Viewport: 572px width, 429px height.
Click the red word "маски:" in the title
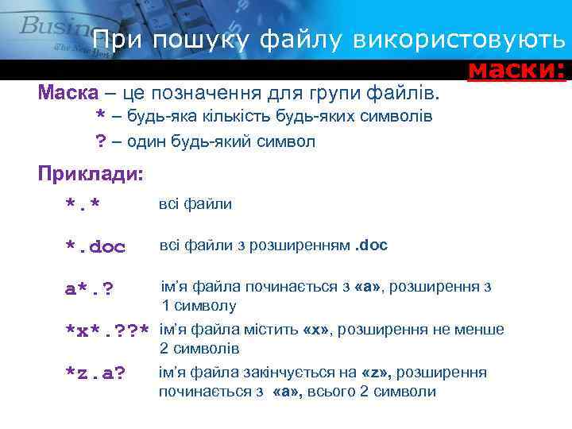click(516, 71)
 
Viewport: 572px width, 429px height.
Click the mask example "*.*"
click(83, 207)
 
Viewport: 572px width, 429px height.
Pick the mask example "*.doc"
click(95, 247)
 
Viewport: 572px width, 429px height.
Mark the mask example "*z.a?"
click(96, 373)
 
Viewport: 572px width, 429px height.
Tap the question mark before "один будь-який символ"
click(101, 142)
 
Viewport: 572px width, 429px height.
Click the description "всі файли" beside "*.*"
click(195, 204)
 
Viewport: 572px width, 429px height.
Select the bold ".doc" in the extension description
click(371, 245)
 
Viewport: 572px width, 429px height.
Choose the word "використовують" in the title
click(460, 40)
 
